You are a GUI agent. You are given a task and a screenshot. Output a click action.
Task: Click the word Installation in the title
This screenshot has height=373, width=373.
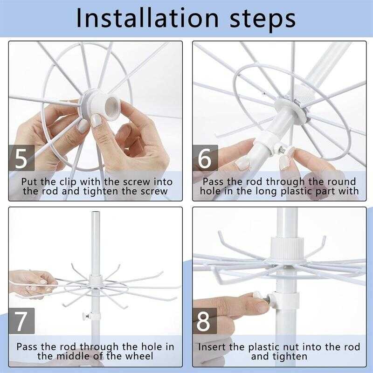tap(147, 18)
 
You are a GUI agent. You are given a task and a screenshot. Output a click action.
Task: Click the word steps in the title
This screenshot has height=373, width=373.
tap(262, 20)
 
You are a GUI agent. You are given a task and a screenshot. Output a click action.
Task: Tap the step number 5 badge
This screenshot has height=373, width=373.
tap(21, 158)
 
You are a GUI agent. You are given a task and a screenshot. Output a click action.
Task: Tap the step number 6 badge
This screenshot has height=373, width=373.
tap(205, 158)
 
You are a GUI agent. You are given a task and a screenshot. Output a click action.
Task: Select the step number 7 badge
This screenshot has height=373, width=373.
tap(21, 321)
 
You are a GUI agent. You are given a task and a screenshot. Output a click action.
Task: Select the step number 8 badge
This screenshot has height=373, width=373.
tap(205, 321)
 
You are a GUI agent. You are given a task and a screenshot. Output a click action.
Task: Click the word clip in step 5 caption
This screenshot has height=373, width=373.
tap(68, 182)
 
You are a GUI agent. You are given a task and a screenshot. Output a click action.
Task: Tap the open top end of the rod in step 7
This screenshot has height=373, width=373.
tap(96, 213)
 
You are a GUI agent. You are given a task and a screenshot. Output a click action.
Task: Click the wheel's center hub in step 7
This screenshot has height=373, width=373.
tap(96, 280)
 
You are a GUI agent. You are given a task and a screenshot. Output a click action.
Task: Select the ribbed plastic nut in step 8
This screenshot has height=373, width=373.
tap(287, 248)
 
